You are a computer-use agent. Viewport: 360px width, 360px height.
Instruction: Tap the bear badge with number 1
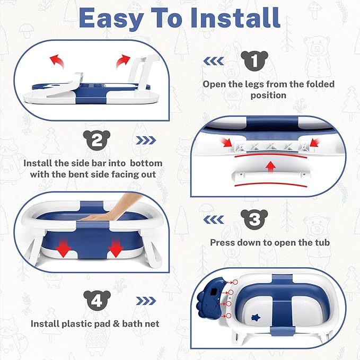click(255, 61)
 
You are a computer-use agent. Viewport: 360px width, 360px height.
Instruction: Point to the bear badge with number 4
click(97, 300)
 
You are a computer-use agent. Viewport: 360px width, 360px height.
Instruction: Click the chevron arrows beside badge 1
click(214, 62)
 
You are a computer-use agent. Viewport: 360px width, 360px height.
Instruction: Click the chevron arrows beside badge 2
click(146, 141)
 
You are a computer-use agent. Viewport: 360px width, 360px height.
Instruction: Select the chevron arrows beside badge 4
click(146, 301)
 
